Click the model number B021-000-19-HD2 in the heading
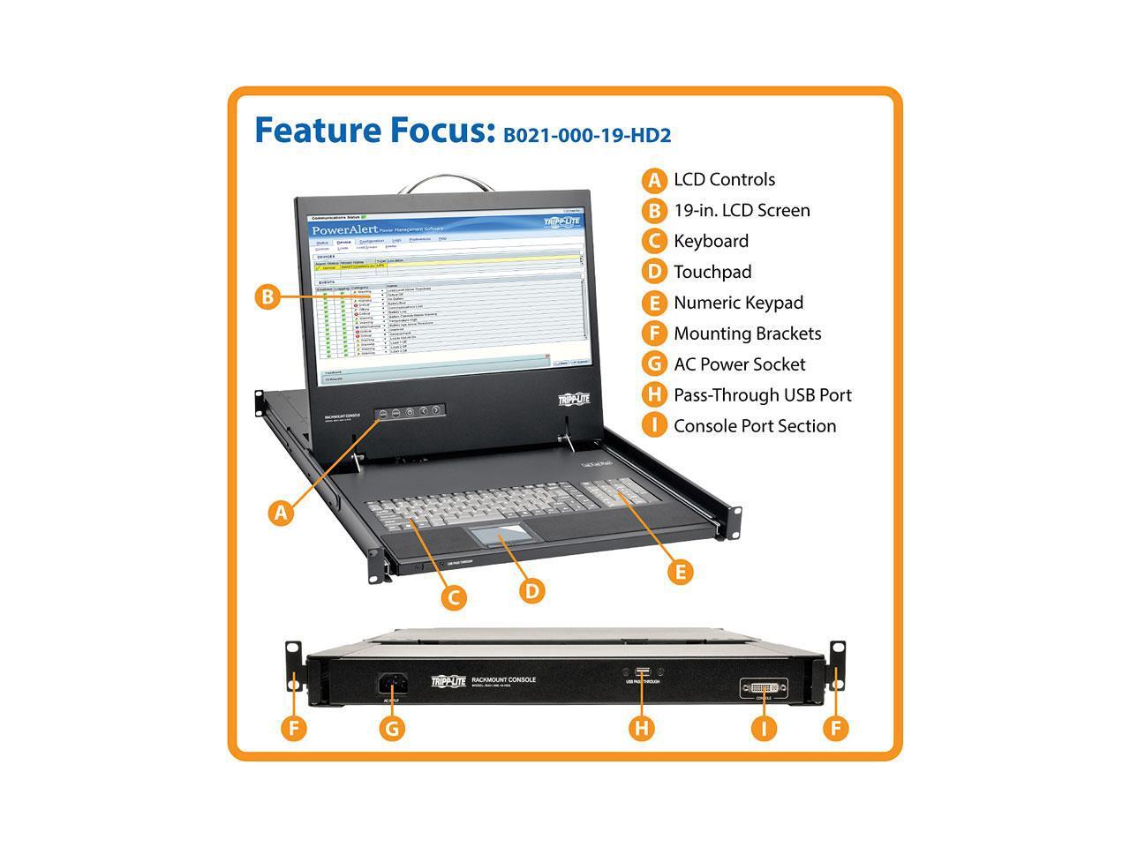(x=587, y=135)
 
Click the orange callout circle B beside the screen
(x=267, y=296)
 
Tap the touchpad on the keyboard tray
(x=501, y=539)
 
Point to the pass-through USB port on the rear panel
(x=642, y=673)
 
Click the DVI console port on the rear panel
(x=764, y=687)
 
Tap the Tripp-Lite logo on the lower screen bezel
(x=573, y=399)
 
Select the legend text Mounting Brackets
(x=747, y=334)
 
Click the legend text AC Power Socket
(x=739, y=364)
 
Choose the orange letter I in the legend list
(x=653, y=426)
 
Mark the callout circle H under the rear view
(x=642, y=729)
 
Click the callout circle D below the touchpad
(x=531, y=589)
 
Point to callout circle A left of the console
(x=281, y=513)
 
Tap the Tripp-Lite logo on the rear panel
(x=448, y=681)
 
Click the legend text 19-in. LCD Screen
(x=742, y=210)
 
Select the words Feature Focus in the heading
(x=374, y=130)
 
